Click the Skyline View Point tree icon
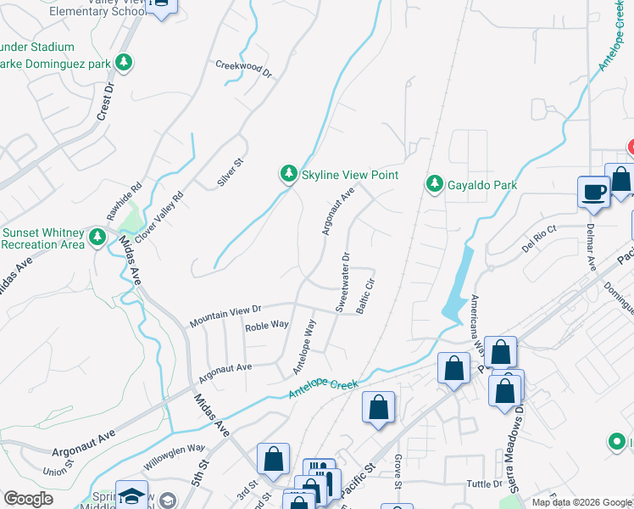point(289,174)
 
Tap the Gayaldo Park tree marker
point(436,183)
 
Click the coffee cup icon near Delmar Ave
point(593,191)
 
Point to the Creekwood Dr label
point(243,69)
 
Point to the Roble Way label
point(267,326)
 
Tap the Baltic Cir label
point(365,294)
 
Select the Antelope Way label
point(303,346)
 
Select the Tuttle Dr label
point(486,484)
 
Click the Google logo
point(28,498)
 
